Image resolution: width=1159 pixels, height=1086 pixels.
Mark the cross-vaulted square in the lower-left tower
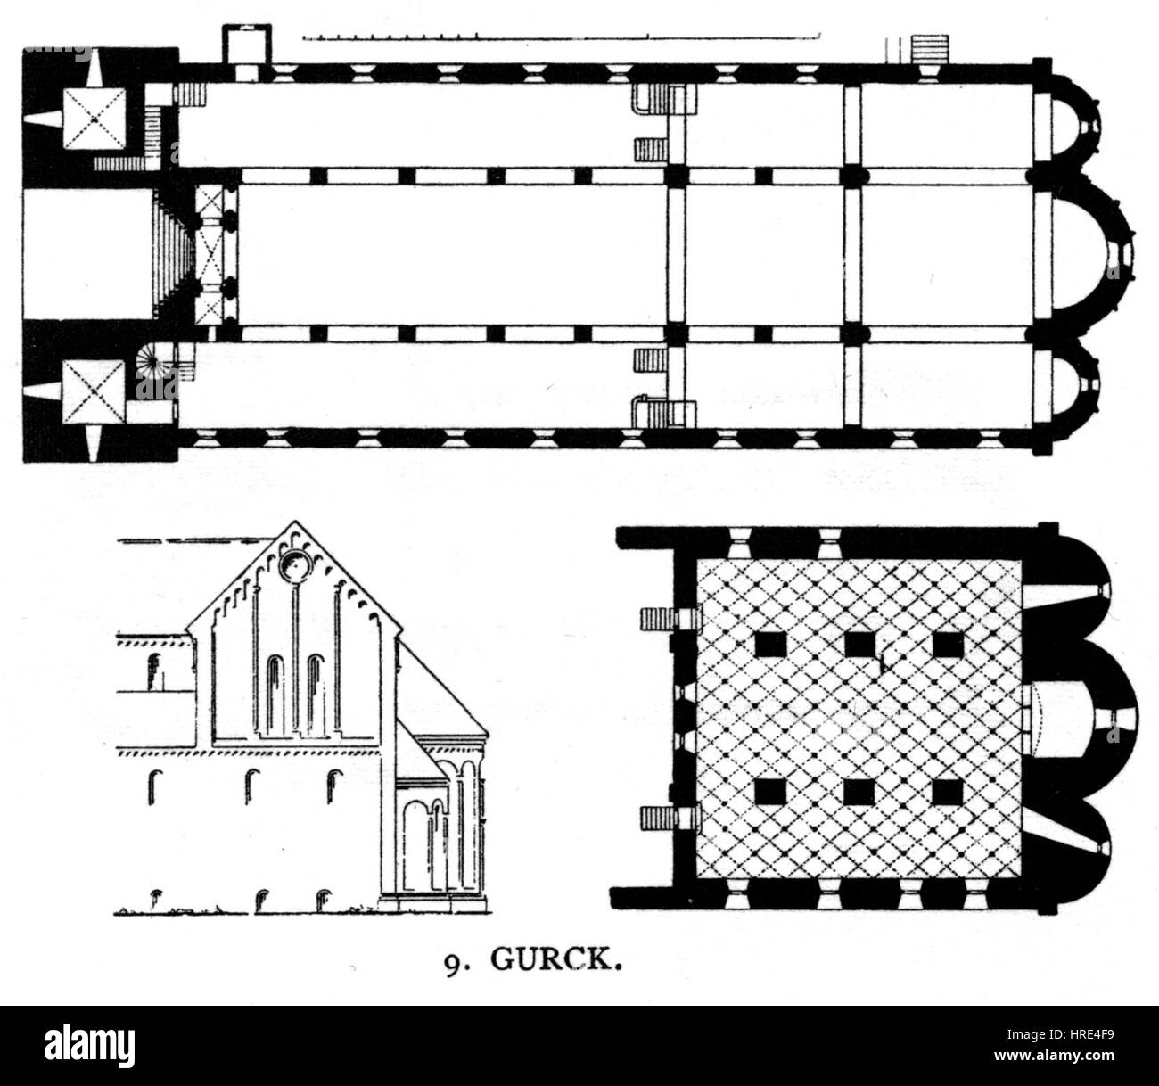pos(93,393)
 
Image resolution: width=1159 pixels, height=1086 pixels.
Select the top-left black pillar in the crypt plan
pos(769,645)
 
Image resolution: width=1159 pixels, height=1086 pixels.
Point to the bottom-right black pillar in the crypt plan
pos(948,792)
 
